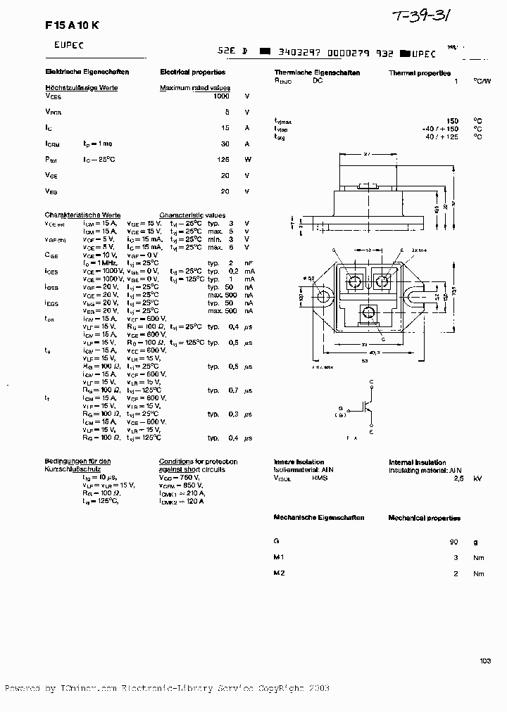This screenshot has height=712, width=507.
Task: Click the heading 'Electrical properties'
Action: (x=192, y=72)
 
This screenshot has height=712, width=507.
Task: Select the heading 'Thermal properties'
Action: (x=419, y=72)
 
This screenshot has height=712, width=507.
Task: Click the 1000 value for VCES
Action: (x=221, y=96)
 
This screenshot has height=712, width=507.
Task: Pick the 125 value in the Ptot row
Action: (x=224, y=160)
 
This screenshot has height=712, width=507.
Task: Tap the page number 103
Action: (x=485, y=660)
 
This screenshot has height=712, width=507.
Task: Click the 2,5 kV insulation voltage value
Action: (x=458, y=478)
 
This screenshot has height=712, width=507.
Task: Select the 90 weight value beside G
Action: (x=453, y=542)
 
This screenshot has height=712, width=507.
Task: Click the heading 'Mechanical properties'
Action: (x=424, y=518)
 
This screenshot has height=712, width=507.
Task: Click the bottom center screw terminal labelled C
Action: (x=368, y=313)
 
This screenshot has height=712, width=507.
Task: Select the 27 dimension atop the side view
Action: (x=368, y=153)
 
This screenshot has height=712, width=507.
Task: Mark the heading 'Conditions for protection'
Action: (x=198, y=462)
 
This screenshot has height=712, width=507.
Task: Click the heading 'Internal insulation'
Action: (x=418, y=462)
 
